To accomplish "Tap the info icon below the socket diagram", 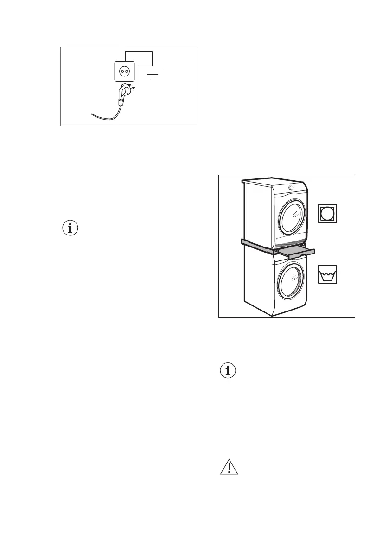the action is coord(71,228).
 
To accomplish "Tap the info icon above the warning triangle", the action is coord(228,371).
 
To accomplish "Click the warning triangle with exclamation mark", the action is coord(228,467).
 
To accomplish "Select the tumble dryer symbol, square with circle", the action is coord(328,212).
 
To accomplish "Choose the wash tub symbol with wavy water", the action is coord(328,274).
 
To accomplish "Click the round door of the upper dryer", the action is coord(293,217).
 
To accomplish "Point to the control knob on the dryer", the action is coord(291,187).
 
